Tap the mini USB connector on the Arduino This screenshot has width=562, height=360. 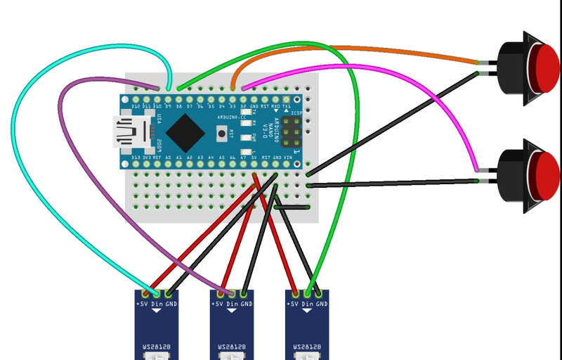[133, 131]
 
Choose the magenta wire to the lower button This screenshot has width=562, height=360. [421, 84]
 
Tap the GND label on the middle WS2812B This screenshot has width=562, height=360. [245, 304]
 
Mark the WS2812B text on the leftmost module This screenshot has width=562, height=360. [156, 347]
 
